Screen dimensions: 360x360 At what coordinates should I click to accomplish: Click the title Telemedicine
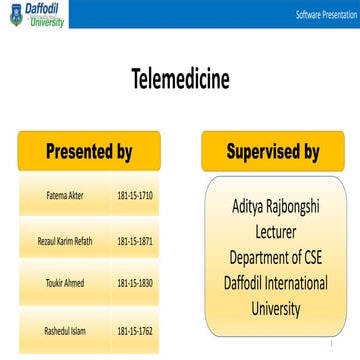pos(180,79)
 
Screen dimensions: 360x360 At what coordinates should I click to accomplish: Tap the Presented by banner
pos(88,153)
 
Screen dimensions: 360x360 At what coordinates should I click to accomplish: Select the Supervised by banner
pos(272,153)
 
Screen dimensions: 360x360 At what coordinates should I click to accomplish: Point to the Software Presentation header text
pos(327,17)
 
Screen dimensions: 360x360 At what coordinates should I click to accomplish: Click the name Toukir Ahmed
pos(58,283)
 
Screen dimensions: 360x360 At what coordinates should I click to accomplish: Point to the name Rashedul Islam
pos(58,329)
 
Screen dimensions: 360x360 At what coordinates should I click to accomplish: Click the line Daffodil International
pos(275,284)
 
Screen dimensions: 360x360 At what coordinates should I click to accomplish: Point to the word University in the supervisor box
pos(275,308)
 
